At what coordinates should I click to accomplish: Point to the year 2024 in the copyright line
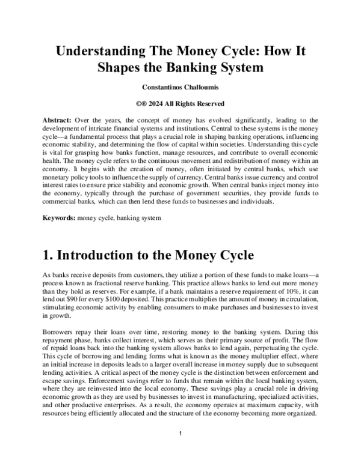point(159,103)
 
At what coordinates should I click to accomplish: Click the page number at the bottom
point(180,433)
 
